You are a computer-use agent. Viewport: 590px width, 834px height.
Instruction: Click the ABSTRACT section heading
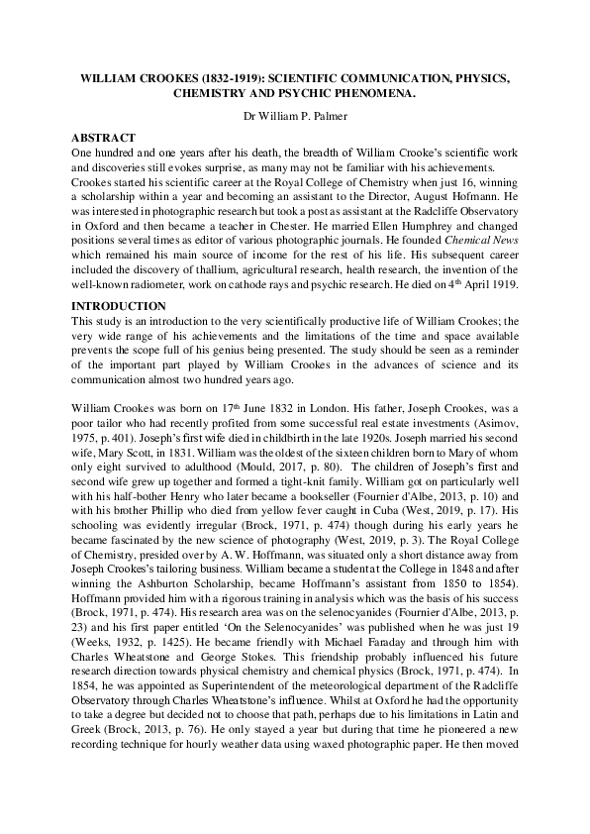(105, 137)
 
